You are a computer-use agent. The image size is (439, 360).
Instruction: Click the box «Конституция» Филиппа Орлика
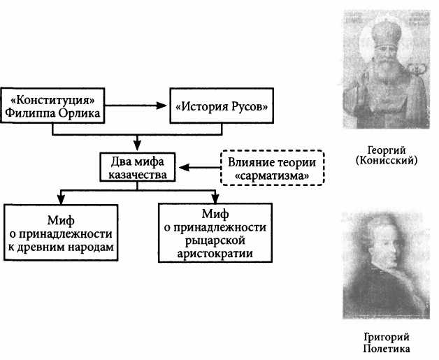(x=54, y=104)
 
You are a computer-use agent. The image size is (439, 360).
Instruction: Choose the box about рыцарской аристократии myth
(x=215, y=233)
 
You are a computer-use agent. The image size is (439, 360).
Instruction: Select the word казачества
(x=138, y=175)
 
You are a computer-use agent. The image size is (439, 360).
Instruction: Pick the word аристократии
(x=215, y=252)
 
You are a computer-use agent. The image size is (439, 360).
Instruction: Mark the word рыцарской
(x=215, y=239)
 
